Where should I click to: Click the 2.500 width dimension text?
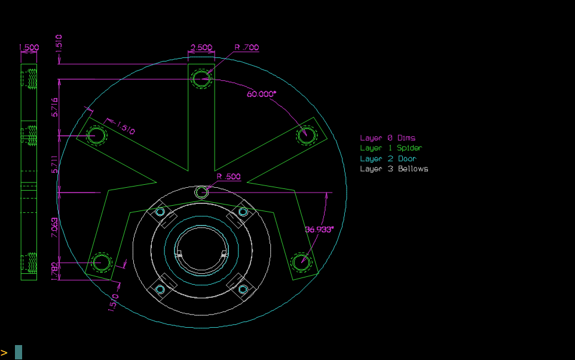click(x=201, y=47)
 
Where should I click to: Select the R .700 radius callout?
click(x=246, y=47)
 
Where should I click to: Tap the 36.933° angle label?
click(x=319, y=229)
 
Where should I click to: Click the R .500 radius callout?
click(x=228, y=176)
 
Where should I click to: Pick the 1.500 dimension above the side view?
click(x=29, y=47)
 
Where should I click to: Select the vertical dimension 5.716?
click(x=55, y=107)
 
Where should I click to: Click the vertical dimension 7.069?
click(x=55, y=228)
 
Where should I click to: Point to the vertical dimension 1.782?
click(x=55, y=271)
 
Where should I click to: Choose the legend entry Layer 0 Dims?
click(x=387, y=138)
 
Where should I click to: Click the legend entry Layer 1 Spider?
click(x=390, y=148)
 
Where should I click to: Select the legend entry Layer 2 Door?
click(x=388, y=158)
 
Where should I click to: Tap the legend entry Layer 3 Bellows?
click(x=394, y=169)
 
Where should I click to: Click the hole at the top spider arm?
click(x=201, y=78)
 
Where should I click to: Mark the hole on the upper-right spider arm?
click(x=307, y=135)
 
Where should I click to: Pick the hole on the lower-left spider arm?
click(x=100, y=262)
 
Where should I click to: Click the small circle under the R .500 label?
click(x=201, y=192)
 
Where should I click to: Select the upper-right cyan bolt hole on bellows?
click(x=243, y=212)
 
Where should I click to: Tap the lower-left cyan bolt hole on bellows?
click(x=160, y=289)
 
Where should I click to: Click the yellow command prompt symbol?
click(x=4, y=353)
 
